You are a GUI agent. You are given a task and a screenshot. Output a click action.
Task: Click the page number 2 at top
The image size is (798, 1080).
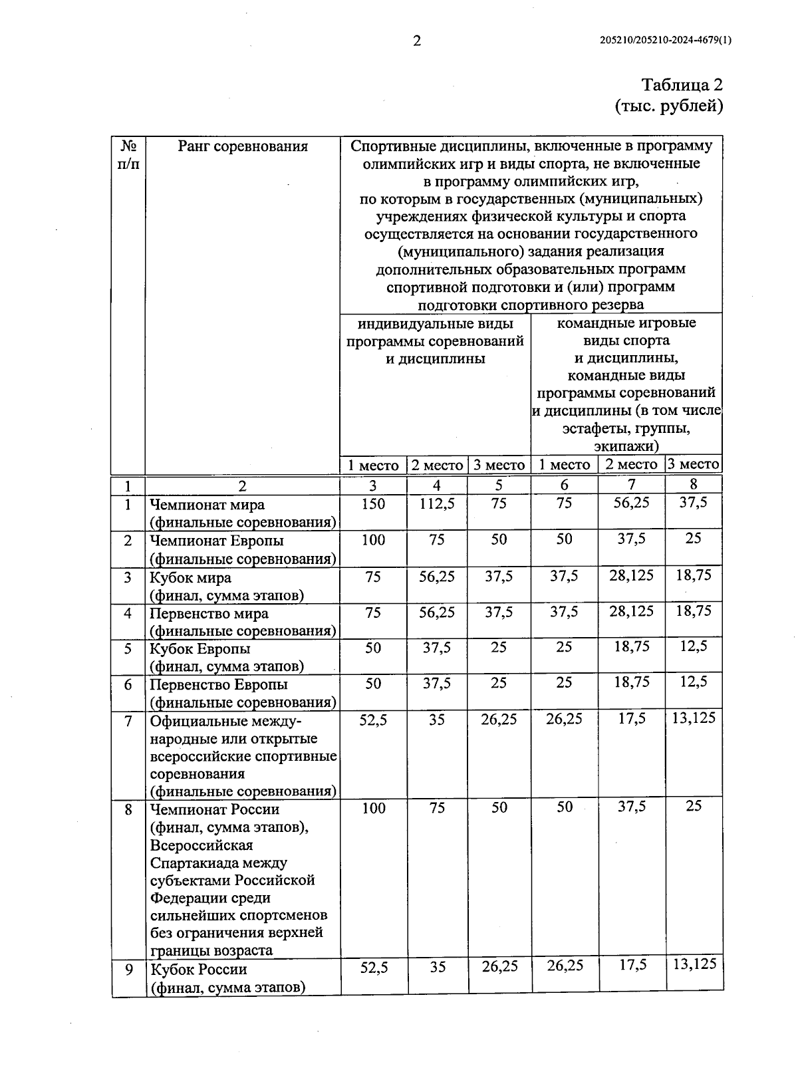coord(417,41)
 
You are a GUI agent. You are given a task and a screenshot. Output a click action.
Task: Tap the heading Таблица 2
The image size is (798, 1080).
coord(682,85)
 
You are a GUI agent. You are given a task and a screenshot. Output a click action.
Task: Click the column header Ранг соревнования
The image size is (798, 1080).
coord(243,146)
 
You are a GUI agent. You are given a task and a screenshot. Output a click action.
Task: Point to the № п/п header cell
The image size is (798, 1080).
coord(128,154)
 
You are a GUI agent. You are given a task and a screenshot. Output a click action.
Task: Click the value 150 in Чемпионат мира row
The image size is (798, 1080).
coord(373,504)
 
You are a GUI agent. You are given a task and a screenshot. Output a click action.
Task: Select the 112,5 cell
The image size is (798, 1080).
coord(437,504)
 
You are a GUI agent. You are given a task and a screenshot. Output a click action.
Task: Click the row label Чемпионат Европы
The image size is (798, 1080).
coord(217,541)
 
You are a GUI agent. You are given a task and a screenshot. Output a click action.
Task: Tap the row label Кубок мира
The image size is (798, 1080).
coord(190,577)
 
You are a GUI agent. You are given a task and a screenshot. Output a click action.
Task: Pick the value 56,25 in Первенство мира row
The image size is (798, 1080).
coord(437,612)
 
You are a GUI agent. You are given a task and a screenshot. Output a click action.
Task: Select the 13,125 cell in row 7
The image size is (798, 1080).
coord(694,718)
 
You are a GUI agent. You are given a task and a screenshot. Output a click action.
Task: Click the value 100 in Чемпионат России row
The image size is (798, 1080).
coord(373,808)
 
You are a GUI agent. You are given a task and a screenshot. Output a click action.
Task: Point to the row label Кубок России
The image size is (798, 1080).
coord(199,970)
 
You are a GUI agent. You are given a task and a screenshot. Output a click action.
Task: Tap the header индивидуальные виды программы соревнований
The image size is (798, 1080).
coord(436,341)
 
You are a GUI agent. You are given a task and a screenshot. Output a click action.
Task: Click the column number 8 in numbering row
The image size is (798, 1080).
coord(694,484)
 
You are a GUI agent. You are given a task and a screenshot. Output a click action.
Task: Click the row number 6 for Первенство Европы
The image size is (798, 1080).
coord(128,684)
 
